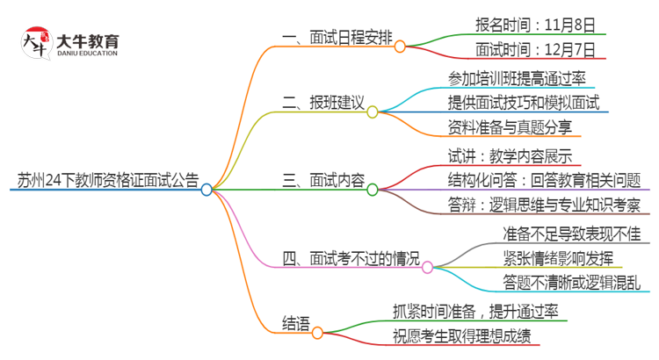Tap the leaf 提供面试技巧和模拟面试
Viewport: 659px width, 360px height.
(x=524, y=103)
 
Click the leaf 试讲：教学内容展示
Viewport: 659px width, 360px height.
(x=510, y=156)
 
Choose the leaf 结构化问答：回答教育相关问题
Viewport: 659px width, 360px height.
(x=545, y=182)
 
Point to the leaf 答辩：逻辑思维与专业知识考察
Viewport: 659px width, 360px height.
(x=543, y=207)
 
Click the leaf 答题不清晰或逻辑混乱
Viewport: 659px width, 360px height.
(x=571, y=284)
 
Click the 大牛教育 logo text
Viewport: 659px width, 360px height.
(x=88, y=41)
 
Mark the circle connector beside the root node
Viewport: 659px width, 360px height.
(x=206, y=189)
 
